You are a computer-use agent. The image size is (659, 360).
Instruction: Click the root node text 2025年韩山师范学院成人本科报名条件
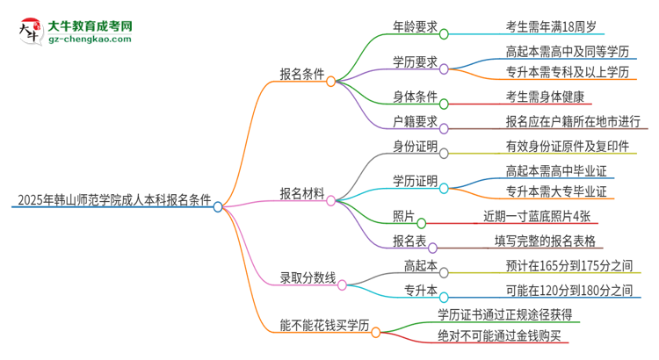click(112, 200)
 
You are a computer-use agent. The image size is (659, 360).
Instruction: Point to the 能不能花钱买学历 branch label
click(315, 326)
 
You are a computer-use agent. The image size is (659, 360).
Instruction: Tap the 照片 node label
click(404, 216)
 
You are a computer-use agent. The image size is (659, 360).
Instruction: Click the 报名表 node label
click(409, 241)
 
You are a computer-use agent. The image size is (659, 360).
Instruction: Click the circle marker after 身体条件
click(444, 103)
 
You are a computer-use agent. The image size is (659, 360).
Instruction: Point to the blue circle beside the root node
click(218, 207)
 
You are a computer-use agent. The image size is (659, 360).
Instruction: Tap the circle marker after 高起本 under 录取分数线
click(444, 271)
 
